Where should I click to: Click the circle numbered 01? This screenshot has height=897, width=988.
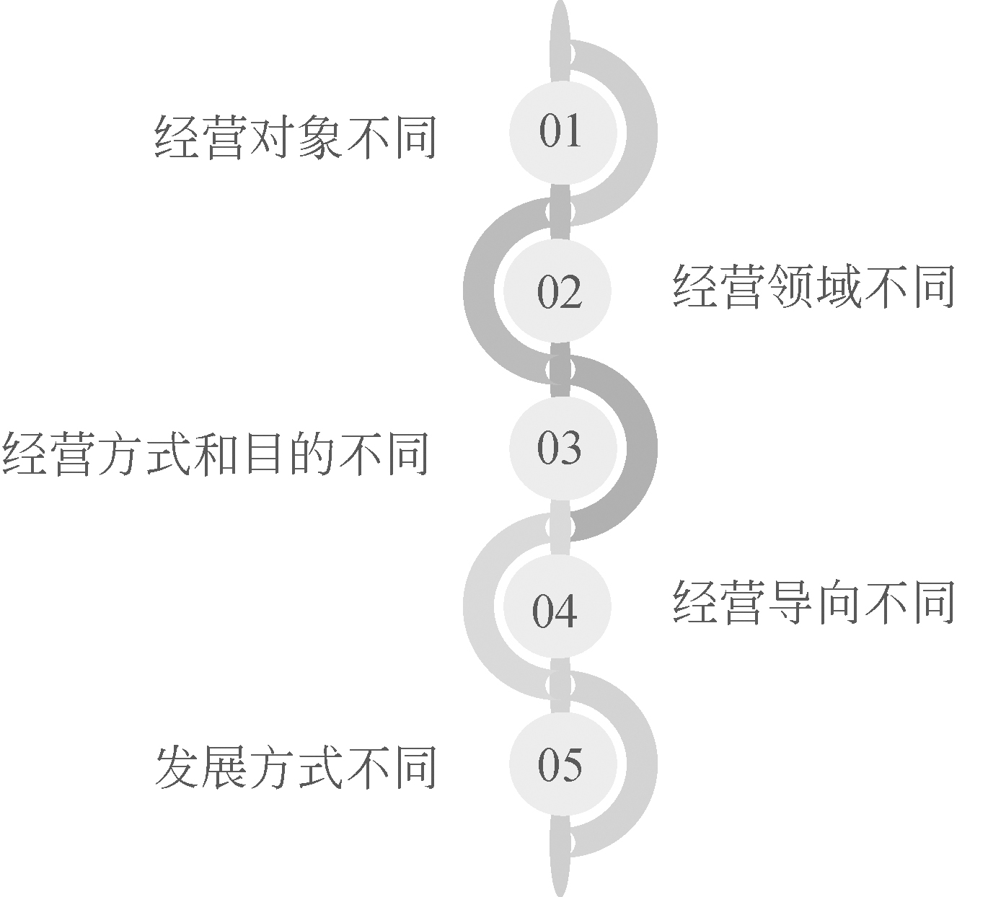[562, 131]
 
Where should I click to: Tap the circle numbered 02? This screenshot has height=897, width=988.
[557, 290]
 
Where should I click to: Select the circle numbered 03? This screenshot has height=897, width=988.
[562, 447]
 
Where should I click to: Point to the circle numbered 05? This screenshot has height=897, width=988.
[562, 764]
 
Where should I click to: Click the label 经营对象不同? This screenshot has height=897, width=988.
[296, 136]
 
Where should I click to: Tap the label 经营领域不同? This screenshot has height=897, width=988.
[813, 286]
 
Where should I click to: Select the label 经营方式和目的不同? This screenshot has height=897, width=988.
[216, 454]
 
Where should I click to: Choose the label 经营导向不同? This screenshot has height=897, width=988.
[813, 602]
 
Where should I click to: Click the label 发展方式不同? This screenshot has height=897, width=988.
[296, 766]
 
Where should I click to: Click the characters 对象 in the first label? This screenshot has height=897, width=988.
[296, 136]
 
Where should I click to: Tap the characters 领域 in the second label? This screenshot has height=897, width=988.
[813, 286]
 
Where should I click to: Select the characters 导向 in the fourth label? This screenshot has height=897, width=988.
[813, 602]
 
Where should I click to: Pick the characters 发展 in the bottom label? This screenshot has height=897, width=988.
[201, 766]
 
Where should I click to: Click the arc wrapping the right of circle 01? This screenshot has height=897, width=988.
[642, 131]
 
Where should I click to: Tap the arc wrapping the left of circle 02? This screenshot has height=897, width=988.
[479, 290]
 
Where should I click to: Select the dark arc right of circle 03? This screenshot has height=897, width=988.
[642, 447]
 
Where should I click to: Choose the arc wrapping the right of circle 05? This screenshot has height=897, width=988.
[642, 764]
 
